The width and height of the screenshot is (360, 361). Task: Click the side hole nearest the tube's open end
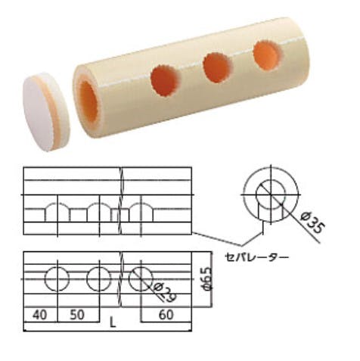tap(166, 81)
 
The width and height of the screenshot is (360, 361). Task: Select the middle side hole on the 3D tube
tap(218, 67)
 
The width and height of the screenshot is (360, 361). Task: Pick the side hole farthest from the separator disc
tap(267, 55)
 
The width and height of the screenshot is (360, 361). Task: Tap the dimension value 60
tap(166, 313)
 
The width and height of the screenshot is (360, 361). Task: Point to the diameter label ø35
tap(312, 224)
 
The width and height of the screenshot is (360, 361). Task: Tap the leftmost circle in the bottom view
tap(56, 279)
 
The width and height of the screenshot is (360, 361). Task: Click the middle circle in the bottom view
tap(98, 279)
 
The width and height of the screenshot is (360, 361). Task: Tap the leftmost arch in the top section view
tap(56, 211)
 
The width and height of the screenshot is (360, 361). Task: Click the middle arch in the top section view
tap(98, 211)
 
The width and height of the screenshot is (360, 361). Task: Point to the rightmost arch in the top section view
tap(139, 211)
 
